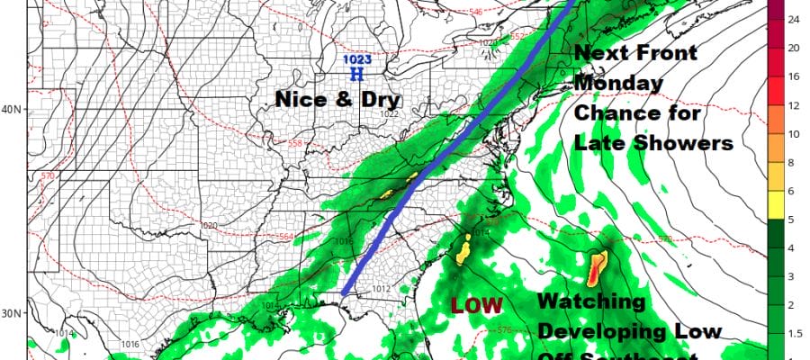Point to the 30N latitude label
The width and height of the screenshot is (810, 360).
[x=13, y=314]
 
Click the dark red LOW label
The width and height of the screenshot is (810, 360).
[x=476, y=305]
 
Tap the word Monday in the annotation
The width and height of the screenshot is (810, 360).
[x=620, y=83]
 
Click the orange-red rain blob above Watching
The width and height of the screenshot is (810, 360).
[x=598, y=267]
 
